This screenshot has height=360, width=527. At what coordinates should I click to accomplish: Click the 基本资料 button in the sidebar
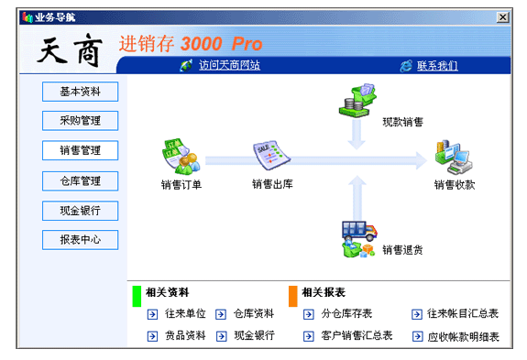pyautogui.click(x=80, y=92)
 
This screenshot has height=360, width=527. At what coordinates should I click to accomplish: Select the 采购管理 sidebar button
pyautogui.click(x=80, y=121)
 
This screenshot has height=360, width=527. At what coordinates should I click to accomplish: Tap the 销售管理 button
pyautogui.click(x=80, y=150)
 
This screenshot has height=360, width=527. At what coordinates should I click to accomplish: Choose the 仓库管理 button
pyautogui.click(x=80, y=181)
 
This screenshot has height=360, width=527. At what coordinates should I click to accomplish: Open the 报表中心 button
pyautogui.click(x=80, y=240)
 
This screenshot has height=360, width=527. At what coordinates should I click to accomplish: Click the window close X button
pyautogui.click(x=503, y=17)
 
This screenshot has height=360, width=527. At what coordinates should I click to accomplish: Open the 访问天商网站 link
pyautogui.click(x=229, y=65)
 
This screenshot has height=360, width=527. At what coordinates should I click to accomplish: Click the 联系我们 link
pyautogui.click(x=437, y=65)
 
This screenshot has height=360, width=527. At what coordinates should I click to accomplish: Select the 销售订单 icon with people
pyautogui.click(x=181, y=157)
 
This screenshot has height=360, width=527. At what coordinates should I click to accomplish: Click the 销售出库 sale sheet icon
pyautogui.click(x=271, y=155)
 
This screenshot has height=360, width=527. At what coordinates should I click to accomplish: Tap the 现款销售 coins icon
pyautogui.click(x=357, y=101)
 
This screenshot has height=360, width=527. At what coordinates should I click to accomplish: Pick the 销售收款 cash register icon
pyautogui.click(x=454, y=158)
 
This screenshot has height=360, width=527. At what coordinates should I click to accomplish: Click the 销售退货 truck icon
pyautogui.click(x=359, y=239)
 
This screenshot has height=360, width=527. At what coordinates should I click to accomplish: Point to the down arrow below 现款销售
pyautogui.click(x=357, y=135)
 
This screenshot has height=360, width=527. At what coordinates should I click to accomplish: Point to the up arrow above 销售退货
pyautogui.click(x=357, y=198)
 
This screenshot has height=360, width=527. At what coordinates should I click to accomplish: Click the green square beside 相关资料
pyautogui.click(x=137, y=296)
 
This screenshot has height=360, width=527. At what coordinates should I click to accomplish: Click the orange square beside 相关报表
pyautogui.click(x=293, y=296)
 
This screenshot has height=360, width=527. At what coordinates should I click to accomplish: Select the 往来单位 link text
pyautogui.click(x=185, y=313)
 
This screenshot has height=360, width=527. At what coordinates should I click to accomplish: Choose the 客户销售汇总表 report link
pyautogui.click(x=357, y=335)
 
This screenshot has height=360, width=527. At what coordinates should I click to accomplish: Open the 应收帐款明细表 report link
pyautogui.click(x=463, y=336)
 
